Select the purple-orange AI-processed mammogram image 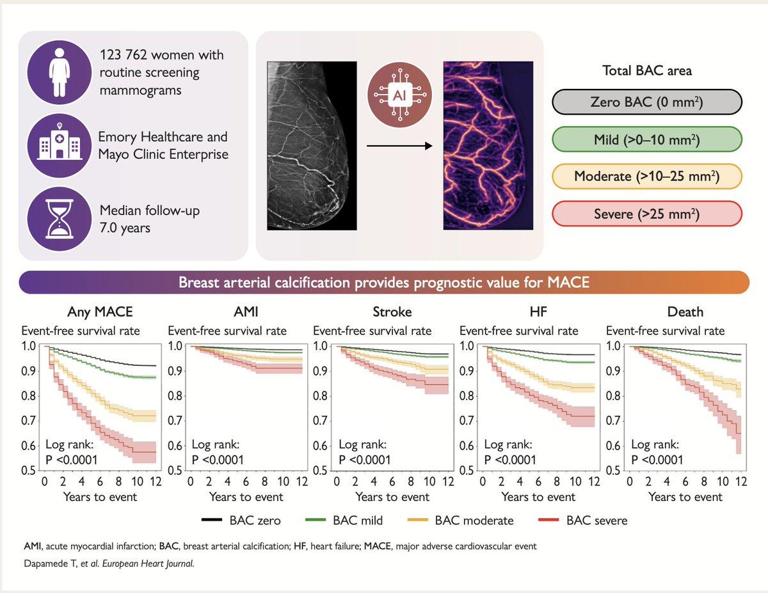pos(488,145)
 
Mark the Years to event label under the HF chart pos(538,497)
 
